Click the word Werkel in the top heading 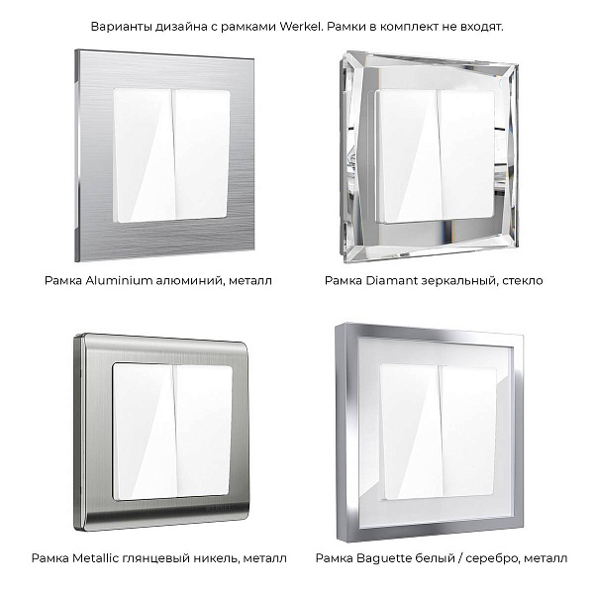(301, 27)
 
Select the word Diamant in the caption (392, 281)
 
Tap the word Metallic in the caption (96, 558)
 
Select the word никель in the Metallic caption (212, 558)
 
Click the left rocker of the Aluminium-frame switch (145, 155)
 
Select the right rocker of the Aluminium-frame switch (202, 154)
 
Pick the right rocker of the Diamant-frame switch (466, 155)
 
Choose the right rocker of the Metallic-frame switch (203, 431)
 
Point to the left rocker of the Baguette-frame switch (411, 432)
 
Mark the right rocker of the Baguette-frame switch (468, 431)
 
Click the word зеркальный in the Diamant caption (460, 281)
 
